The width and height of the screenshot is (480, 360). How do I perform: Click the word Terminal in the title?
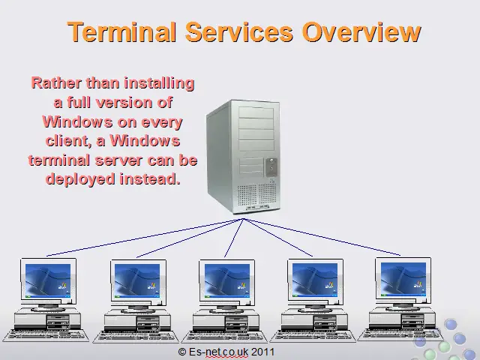tap(121, 31)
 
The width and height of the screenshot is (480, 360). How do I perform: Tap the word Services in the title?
tap(239, 31)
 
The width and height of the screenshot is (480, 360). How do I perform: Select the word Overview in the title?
tap(361, 31)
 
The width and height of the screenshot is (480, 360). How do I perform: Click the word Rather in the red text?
tap(57, 83)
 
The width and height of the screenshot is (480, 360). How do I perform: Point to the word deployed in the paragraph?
tap(80, 179)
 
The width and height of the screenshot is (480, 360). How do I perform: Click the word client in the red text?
tap(68, 141)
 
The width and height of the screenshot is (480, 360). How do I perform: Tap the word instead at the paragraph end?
tap(150, 178)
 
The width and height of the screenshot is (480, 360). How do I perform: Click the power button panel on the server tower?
tap(271, 167)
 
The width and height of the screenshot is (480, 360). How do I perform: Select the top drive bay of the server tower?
tap(256, 112)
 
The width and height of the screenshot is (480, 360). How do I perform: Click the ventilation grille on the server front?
tap(256, 195)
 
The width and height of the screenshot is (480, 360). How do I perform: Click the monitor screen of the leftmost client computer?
tap(48, 280)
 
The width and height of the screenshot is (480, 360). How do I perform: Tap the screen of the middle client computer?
tap(226, 280)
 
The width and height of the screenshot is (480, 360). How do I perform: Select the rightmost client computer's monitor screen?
tap(403, 279)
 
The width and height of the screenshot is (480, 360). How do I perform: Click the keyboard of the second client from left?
tap(136, 337)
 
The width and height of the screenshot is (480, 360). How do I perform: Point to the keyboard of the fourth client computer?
tap(313, 336)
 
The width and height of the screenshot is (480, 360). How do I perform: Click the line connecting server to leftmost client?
tap(145, 237)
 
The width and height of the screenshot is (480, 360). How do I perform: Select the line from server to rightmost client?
tap(322, 237)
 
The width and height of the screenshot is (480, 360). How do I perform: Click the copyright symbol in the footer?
tap(182, 352)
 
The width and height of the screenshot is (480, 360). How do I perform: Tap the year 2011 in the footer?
tap(262, 352)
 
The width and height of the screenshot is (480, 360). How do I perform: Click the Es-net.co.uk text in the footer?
tap(218, 352)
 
